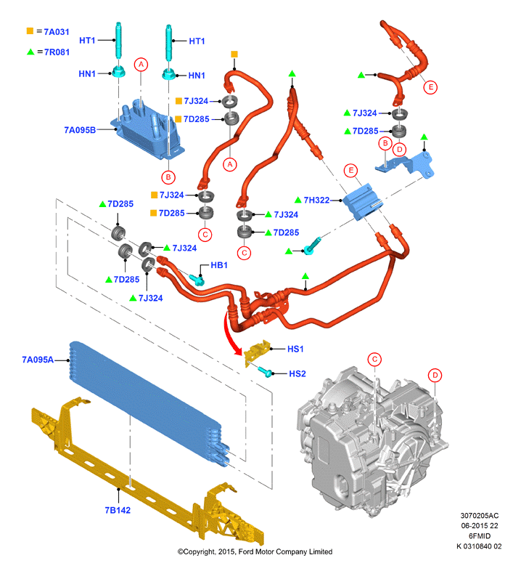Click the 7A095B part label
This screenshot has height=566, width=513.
click(80, 130)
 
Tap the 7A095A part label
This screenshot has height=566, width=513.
click(38, 360)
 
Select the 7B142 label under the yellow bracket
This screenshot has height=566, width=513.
click(118, 510)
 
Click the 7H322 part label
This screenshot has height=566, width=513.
click(316, 200)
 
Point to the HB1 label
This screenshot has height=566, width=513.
click(219, 265)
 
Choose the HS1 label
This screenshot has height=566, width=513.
click(295, 349)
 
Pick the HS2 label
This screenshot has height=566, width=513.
click(297, 373)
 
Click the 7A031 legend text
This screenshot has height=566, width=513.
click(57, 32)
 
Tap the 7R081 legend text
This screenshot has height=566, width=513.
click(57, 52)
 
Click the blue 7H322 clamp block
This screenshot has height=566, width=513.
click(361, 202)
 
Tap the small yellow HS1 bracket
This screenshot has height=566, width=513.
click(257, 352)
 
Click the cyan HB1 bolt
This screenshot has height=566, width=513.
click(197, 279)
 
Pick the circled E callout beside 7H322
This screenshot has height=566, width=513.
click(350, 170)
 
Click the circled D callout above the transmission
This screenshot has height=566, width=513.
click(435, 375)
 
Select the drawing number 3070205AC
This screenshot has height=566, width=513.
click(479, 515)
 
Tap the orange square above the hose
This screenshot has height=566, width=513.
click(234, 54)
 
